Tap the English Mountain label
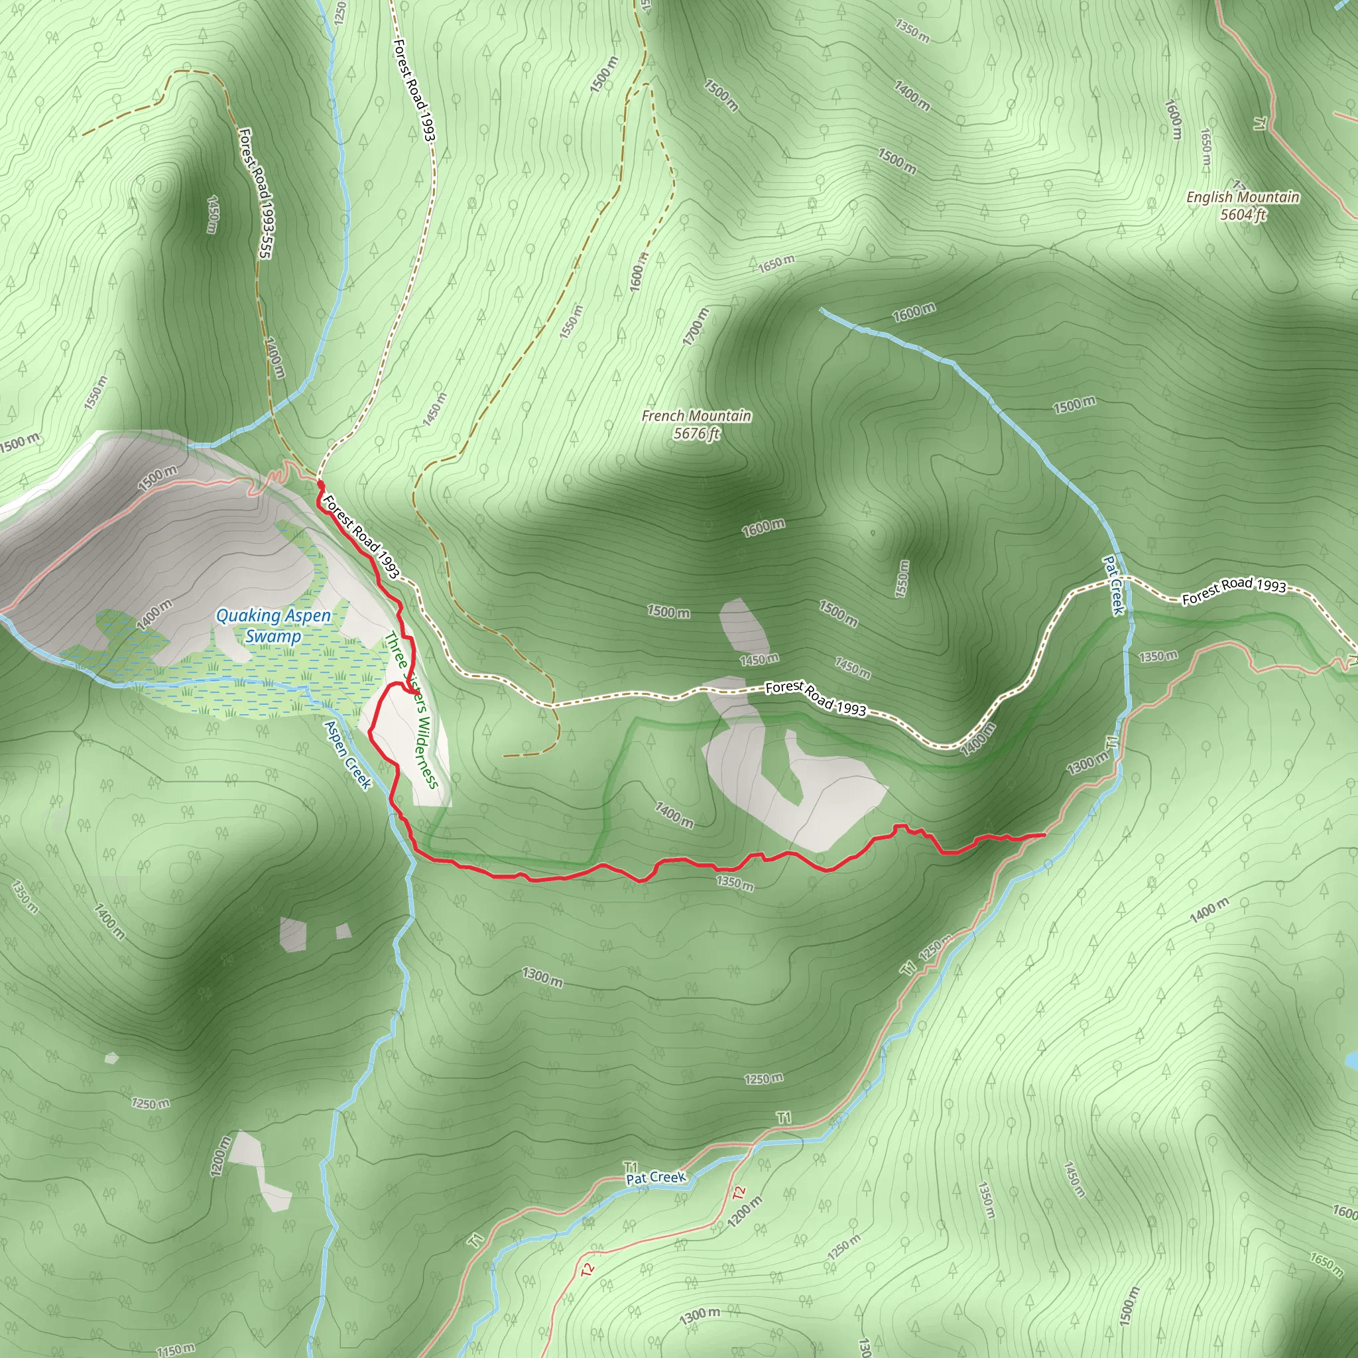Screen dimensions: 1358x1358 pos(1243,197)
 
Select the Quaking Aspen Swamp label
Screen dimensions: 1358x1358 pos(273,625)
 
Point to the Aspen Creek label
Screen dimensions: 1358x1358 pos(347,754)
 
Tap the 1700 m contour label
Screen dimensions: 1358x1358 pos(695,326)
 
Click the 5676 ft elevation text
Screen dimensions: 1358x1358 pos(696,434)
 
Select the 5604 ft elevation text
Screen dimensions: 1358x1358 pos(1243,215)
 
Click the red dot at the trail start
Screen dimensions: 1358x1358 pos(320,485)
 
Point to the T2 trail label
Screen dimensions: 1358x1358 pos(738,1193)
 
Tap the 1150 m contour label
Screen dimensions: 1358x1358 pos(175,1349)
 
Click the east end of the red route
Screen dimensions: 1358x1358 pos(1044,834)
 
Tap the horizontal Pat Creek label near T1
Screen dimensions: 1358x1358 pos(655,1177)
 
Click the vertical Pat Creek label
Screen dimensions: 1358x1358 pos(1114,585)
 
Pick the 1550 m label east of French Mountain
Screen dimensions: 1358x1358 pos(903,578)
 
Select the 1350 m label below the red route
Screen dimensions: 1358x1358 pos(735,882)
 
